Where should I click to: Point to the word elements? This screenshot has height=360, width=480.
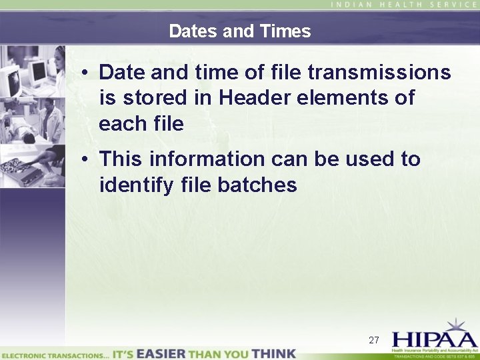pyautogui.click(x=344, y=97)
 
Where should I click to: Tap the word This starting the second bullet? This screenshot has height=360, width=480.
pyautogui.click(x=121, y=159)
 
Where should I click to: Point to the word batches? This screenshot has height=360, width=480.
pyautogui.click(x=257, y=185)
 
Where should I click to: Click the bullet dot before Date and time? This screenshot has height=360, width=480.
pyautogui.click(x=87, y=73)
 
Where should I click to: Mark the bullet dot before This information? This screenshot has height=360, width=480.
pyautogui.click(x=87, y=160)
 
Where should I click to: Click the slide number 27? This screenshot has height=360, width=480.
pyautogui.click(x=374, y=340)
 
